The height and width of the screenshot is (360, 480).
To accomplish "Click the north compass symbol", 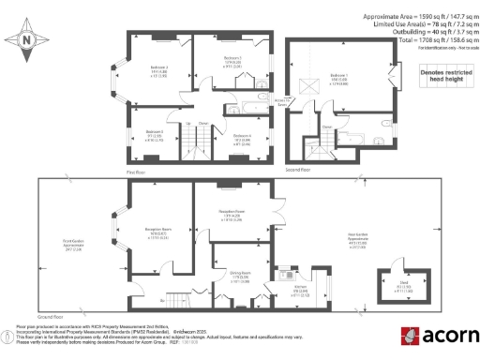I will tap(27, 40).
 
